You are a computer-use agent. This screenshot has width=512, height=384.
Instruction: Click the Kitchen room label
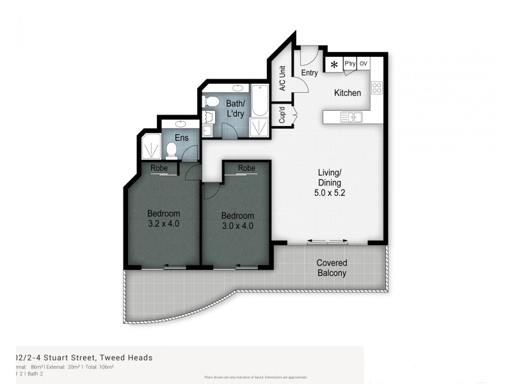(x=348, y=93)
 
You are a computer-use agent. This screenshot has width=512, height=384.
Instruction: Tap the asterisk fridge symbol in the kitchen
(x=334, y=64)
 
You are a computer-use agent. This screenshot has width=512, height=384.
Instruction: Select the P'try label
(x=349, y=64)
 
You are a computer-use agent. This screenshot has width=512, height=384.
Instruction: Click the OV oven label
(x=364, y=64)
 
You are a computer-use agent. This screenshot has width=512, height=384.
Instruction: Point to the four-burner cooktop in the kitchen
(x=376, y=88)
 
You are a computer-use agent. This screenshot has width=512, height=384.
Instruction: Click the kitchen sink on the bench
(x=351, y=116)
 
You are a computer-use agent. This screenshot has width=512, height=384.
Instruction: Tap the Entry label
(x=309, y=73)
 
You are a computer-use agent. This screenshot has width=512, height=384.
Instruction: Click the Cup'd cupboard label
(x=282, y=115)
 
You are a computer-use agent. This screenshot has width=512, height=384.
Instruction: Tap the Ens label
(x=182, y=137)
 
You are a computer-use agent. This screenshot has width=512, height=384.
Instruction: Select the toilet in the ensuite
(x=171, y=150)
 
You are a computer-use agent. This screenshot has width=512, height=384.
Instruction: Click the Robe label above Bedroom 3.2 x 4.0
(x=159, y=168)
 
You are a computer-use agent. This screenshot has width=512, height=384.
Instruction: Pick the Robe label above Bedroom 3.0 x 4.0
(x=246, y=168)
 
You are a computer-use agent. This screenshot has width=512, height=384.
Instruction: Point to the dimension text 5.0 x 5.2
(x=331, y=192)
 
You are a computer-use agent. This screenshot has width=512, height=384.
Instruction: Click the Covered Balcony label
(x=332, y=268)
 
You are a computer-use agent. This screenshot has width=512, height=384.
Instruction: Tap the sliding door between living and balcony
(x=328, y=242)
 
